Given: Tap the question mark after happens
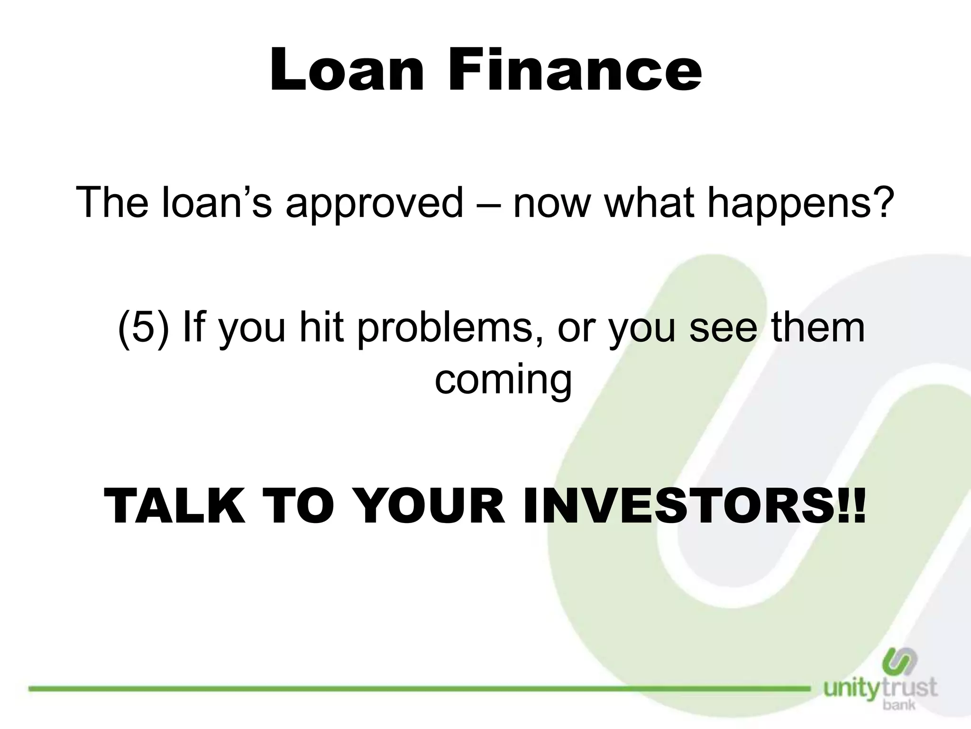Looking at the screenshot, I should [881, 202].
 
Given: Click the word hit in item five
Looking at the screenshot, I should [321, 327].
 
